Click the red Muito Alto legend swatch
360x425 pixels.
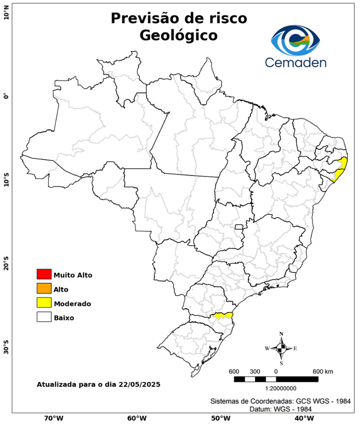coord(44,274)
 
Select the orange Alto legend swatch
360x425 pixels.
coord(44,288)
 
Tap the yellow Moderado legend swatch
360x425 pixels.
coord(44,303)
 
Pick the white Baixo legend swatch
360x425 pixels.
coord(44,317)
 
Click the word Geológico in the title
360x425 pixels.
coord(179,35)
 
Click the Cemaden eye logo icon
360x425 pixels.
coord(296,39)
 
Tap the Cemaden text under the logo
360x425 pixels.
coord(296,62)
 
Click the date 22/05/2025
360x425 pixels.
coord(139,383)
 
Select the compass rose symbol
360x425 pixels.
coord(281,348)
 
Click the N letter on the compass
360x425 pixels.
coord(281,334)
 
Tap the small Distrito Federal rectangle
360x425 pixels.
coord(239,227)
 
